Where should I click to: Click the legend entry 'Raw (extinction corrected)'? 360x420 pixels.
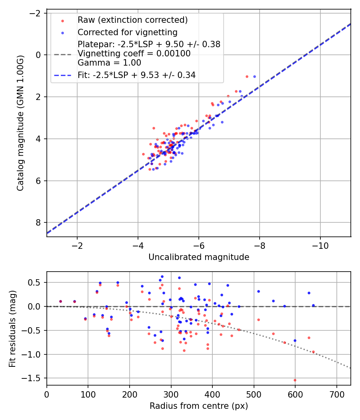(x=132, y=20)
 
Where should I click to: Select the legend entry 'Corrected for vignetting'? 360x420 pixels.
(x=128, y=32)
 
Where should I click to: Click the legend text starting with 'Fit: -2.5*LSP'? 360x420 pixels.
(x=137, y=75)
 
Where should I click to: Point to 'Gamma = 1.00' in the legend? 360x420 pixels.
(x=109, y=63)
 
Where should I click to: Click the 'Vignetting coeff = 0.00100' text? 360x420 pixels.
(x=134, y=54)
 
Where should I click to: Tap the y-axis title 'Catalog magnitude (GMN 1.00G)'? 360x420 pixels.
(x=20, y=123)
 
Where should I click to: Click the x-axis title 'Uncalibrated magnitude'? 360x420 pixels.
(x=199, y=257)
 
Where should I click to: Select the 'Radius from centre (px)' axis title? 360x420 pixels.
(x=199, y=406)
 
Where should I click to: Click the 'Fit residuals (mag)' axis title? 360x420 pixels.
(x=12, y=329)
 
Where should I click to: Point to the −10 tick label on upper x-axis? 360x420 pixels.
(x=320, y=246)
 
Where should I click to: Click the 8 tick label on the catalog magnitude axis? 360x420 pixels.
(x=38, y=222)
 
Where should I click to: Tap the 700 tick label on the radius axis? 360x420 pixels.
(x=336, y=394)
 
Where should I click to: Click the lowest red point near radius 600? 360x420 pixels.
(x=295, y=380)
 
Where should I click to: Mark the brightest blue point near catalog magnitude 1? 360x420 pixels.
(x=254, y=77)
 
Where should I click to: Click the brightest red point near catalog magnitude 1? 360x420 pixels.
(x=247, y=77)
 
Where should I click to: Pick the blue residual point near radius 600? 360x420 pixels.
(x=295, y=341)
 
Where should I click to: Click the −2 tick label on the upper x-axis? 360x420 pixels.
(x=77, y=246)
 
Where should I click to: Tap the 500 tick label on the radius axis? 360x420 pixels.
(x=254, y=394)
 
